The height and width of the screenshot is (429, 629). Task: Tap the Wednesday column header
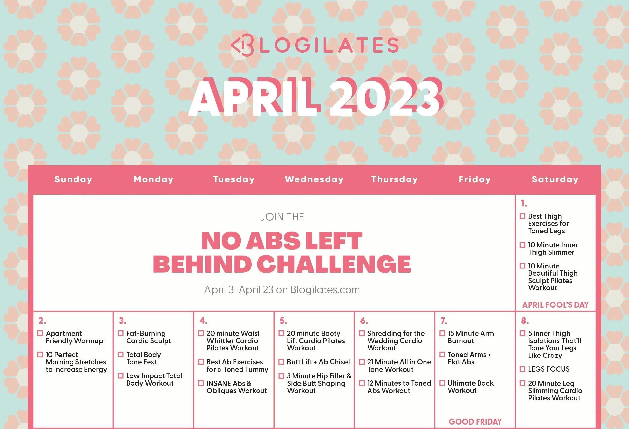click(314, 179)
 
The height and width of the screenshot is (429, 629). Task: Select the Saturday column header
click(555, 179)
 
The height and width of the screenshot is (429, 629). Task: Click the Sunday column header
click(73, 179)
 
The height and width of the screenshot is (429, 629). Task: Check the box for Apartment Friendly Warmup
click(40, 333)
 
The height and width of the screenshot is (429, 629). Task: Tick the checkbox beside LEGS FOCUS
click(523, 369)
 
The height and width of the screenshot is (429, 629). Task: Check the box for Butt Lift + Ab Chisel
click(281, 362)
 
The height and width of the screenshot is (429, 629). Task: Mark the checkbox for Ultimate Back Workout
click(442, 383)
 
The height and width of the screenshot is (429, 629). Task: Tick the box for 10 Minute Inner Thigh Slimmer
click(523, 245)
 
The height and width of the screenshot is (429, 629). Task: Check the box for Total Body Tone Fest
click(121, 355)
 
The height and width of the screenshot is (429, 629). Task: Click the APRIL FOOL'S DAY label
click(555, 305)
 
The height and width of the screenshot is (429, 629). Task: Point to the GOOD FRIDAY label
click(475, 422)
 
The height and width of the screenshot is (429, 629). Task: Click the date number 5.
click(283, 321)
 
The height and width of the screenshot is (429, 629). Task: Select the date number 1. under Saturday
click(524, 203)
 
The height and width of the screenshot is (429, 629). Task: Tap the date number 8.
click(525, 321)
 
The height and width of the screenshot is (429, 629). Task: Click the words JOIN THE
click(282, 217)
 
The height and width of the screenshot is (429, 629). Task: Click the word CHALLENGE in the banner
click(334, 264)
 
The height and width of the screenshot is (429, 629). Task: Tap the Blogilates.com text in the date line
click(325, 290)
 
